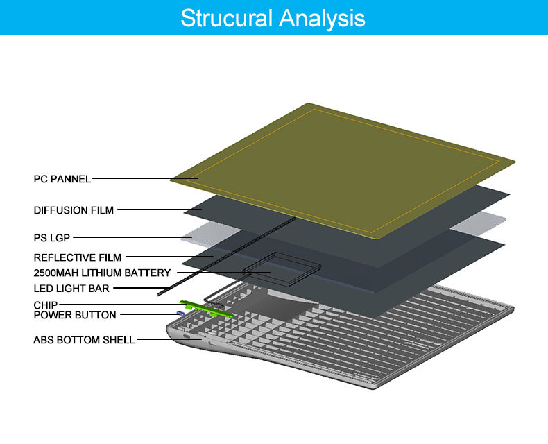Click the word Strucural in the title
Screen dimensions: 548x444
(x=226, y=18)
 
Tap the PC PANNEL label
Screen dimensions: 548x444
(x=62, y=179)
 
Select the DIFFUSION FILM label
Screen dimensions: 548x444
(x=74, y=210)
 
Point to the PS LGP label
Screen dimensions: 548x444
(x=52, y=238)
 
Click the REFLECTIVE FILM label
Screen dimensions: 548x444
(x=78, y=257)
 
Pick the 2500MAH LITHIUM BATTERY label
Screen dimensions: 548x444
(x=102, y=273)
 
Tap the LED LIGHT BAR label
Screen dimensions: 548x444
(x=71, y=289)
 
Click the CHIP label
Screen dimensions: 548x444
(x=45, y=305)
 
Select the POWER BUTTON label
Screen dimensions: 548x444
(x=75, y=315)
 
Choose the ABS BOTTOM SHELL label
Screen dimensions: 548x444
(x=84, y=340)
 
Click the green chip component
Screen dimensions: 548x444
(x=206, y=309)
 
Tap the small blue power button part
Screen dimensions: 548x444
(x=180, y=313)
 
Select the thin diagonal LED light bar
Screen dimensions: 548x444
(x=226, y=257)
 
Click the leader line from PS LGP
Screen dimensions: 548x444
(x=132, y=237)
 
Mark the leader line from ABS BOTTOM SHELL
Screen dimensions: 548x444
(x=169, y=339)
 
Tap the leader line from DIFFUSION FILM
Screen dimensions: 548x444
(x=160, y=210)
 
